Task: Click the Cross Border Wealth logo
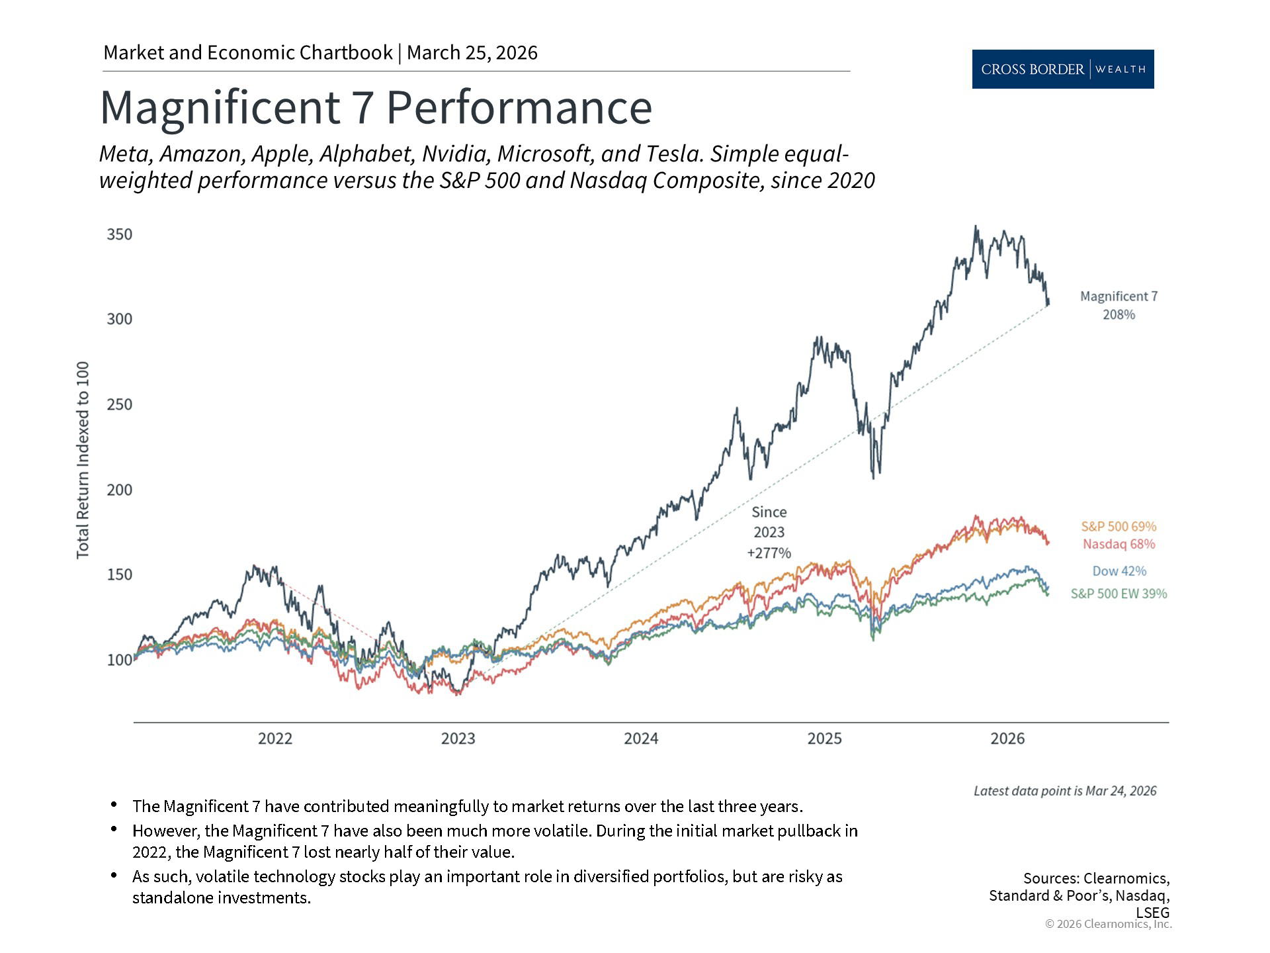1062,69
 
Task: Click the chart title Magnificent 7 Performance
376,107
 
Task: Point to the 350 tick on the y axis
120,234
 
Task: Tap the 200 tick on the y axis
120,490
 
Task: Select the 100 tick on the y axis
120,660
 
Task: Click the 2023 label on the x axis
458,739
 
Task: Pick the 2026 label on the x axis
1007,739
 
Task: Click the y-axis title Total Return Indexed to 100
83,460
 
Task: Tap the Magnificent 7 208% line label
1119,305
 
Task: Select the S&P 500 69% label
1119,527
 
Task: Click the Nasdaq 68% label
1119,544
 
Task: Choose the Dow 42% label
1119,571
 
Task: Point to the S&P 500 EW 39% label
1119,594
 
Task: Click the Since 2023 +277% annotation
769,532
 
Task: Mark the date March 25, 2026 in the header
472,53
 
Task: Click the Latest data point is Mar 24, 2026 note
1064,791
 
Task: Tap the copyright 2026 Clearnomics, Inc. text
1108,924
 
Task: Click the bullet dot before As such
114,875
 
